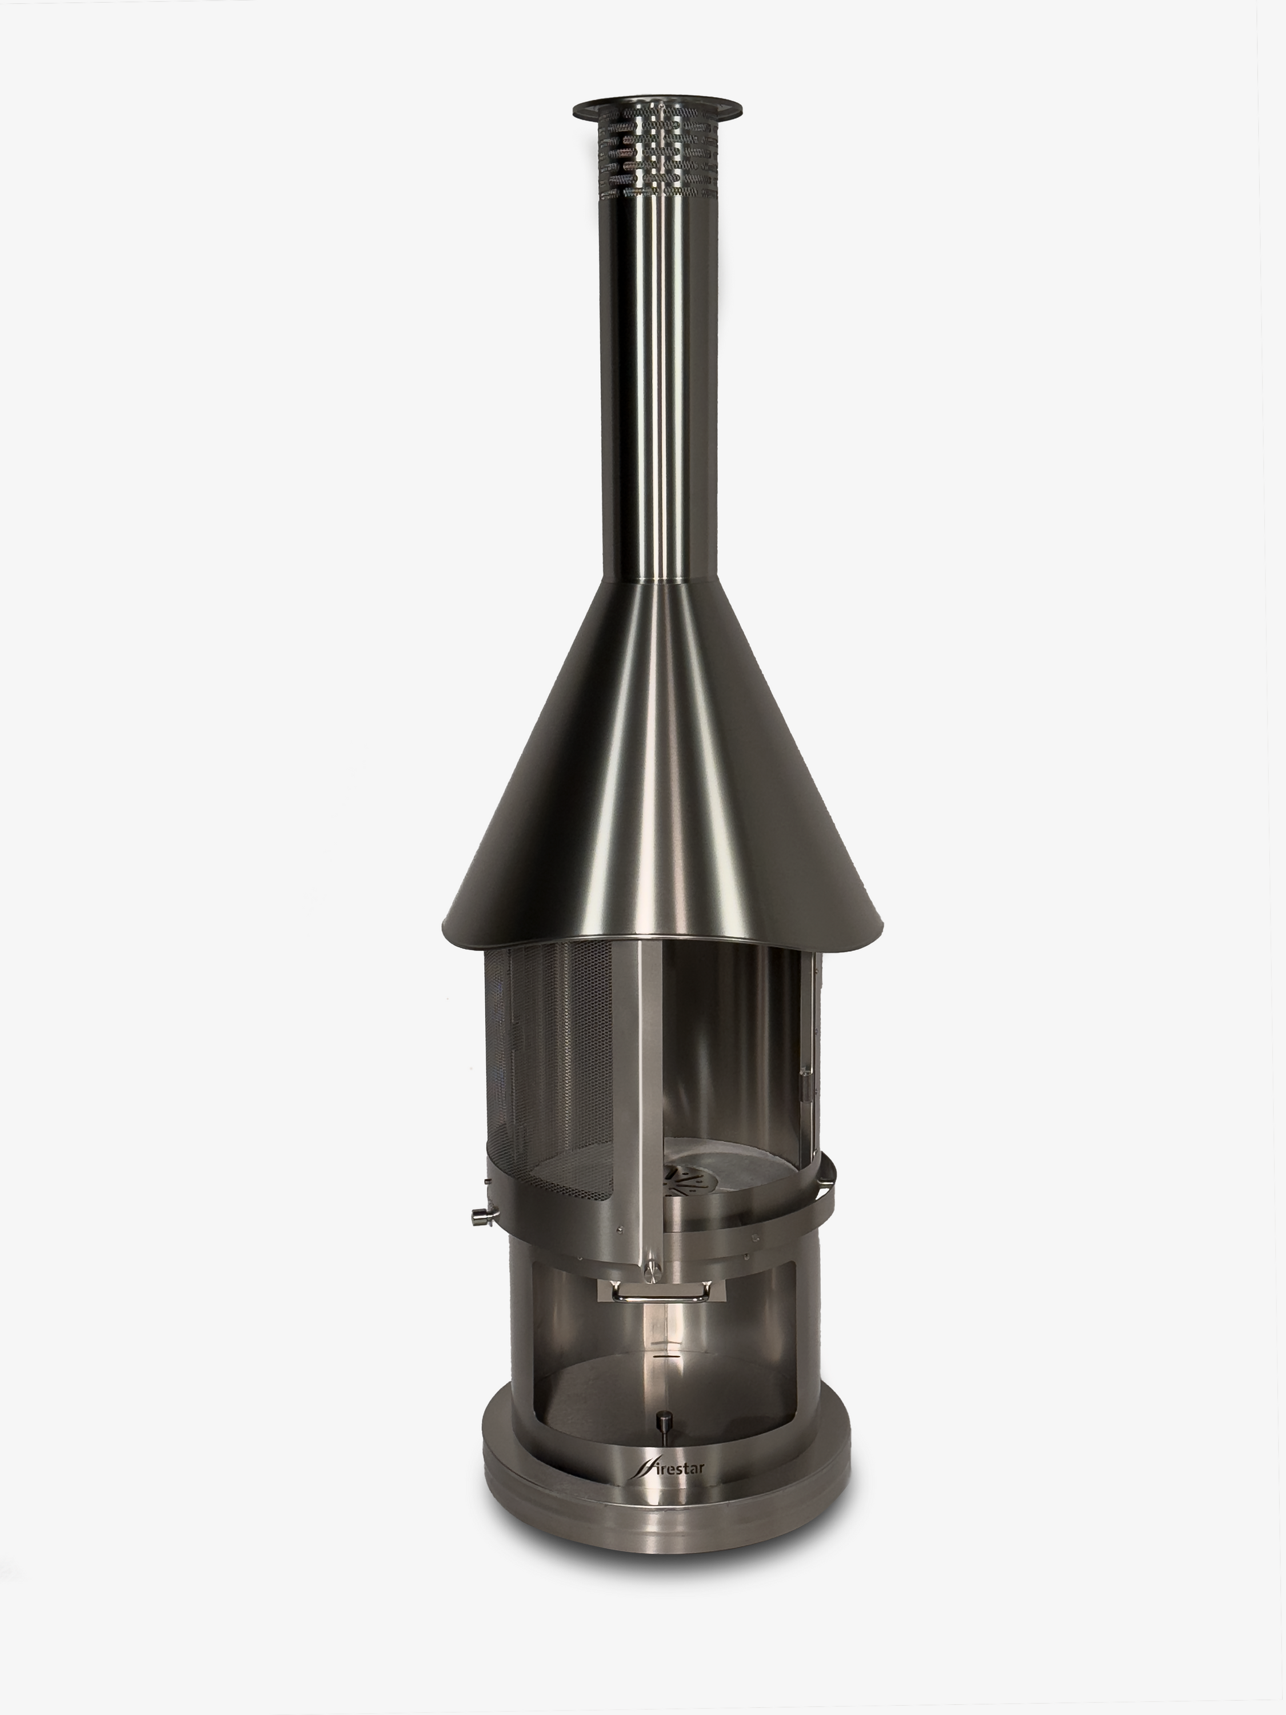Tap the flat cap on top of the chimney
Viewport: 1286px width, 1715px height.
click(657, 109)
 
